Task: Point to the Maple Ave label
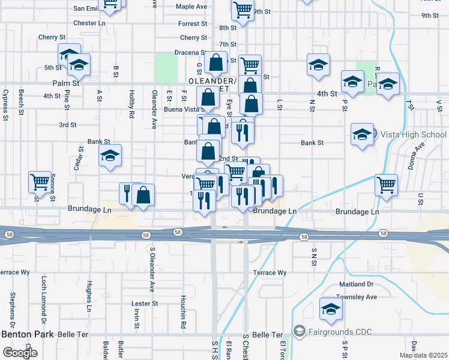(191, 7)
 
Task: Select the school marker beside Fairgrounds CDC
(331, 308)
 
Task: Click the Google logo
(19, 353)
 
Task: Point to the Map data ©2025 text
(423, 355)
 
